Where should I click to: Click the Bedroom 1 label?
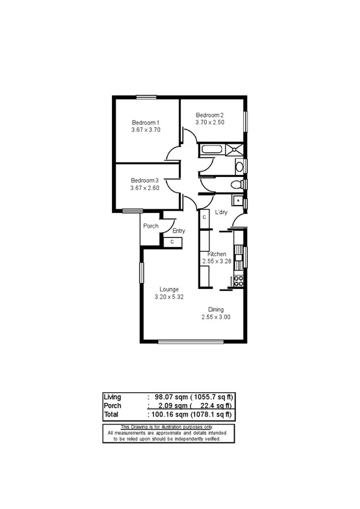click(x=146, y=122)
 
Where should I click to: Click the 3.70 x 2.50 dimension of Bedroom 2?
click(x=210, y=122)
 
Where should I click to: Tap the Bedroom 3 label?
click(x=144, y=180)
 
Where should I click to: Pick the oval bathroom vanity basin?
click(x=239, y=166)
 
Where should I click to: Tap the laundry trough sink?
click(x=238, y=201)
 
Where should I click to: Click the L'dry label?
click(x=222, y=212)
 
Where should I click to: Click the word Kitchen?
click(x=217, y=254)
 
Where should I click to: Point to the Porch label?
click(x=150, y=226)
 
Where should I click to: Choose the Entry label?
click(x=179, y=231)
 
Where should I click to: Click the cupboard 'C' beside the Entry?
click(x=173, y=241)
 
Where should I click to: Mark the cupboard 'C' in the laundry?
click(x=204, y=218)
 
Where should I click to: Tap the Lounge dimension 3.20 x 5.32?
click(x=170, y=297)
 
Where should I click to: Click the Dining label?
click(x=216, y=309)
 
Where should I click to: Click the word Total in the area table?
click(x=111, y=414)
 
